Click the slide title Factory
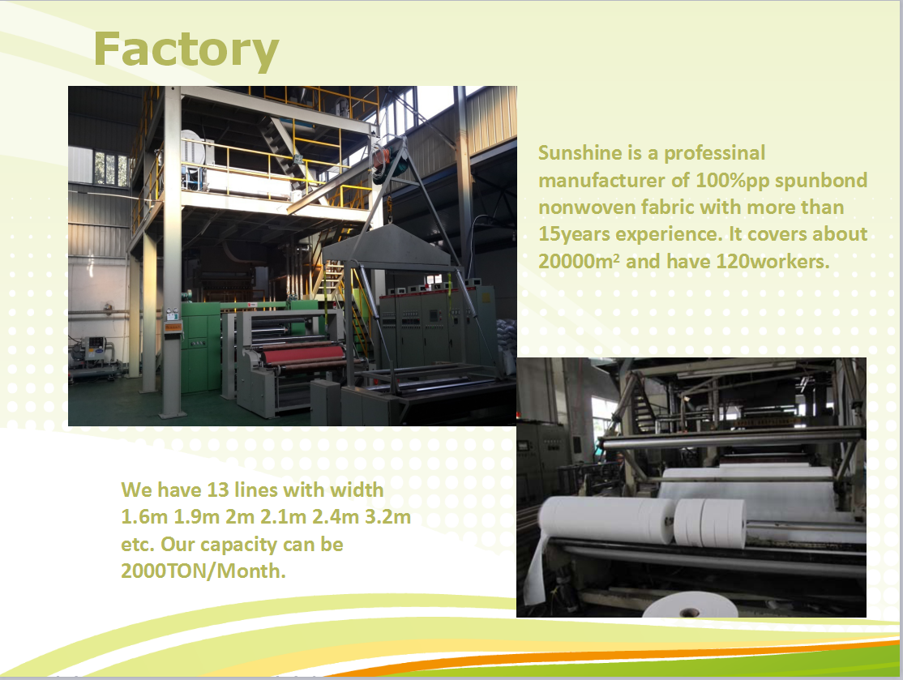(x=186, y=51)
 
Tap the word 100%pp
(x=733, y=181)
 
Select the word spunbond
(x=821, y=181)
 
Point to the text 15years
(x=574, y=234)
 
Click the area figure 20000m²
(x=579, y=262)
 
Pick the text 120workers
(x=772, y=262)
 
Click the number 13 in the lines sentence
(x=218, y=490)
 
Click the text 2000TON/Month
(x=203, y=571)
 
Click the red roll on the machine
(x=304, y=355)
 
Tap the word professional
(x=715, y=153)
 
